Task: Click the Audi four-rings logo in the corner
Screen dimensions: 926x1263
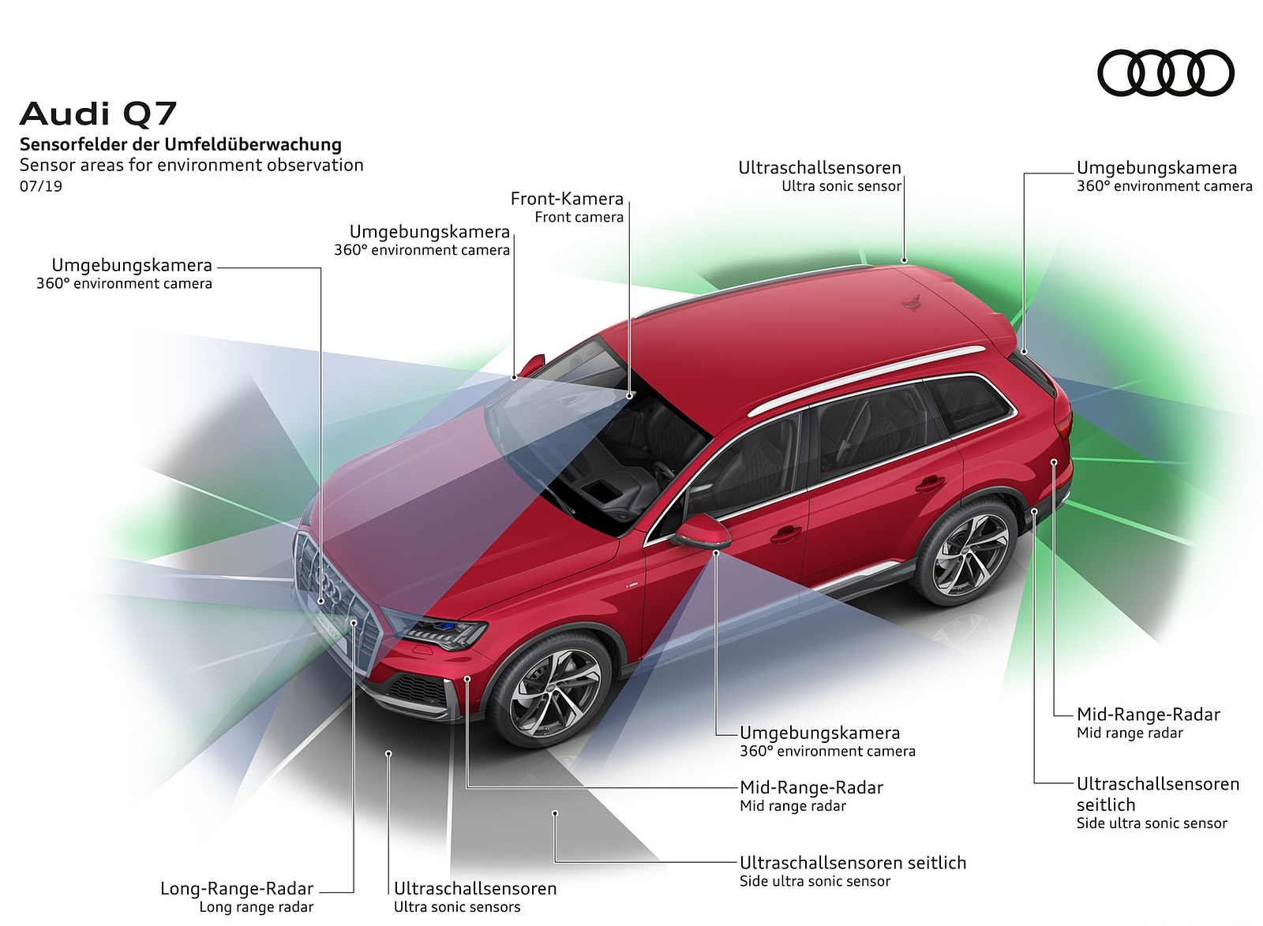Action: pyautogui.click(x=1165, y=73)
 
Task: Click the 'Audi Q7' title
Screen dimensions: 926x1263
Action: pyautogui.click(x=98, y=114)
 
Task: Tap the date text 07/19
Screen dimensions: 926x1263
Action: pyautogui.click(x=41, y=186)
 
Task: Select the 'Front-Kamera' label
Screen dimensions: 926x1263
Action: pyautogui.click(x=567, y=199)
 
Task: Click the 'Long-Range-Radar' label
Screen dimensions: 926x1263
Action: pyautogui.click(x=237, y=889)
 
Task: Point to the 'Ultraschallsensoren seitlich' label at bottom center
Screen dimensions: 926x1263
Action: pyautogui.click(x=853, y=863)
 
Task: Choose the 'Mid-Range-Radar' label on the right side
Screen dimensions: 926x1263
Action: pyautogui.click(x=1148, y=715)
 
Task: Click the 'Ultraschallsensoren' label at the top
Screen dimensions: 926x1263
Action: pyautogui.click(x=819, y=168)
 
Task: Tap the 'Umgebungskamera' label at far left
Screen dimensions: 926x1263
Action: pyautogui.click(x=132, y=266)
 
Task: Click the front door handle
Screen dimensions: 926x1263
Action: pyautogui.click(x=786, y=534)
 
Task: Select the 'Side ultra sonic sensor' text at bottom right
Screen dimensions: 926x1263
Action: pyautogui.click(x=1151, y=823)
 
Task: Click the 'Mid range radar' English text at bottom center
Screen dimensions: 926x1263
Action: pyautogui.click(x=793, y=806)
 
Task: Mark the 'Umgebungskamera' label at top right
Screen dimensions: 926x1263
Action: pyautogui.click(x=1156, y=168)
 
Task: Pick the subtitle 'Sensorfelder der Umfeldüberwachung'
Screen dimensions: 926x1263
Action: pyautogui.click(x=181, y=144)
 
